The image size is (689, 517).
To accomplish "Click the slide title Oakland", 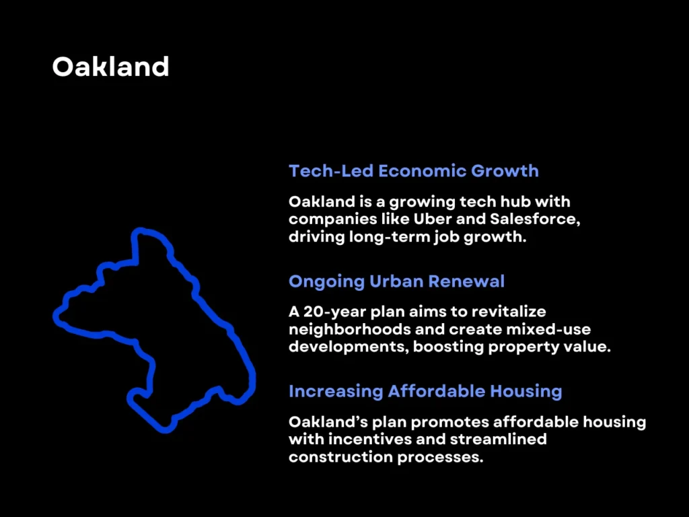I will pos(110,67).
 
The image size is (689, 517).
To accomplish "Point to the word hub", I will pos(493,201).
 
